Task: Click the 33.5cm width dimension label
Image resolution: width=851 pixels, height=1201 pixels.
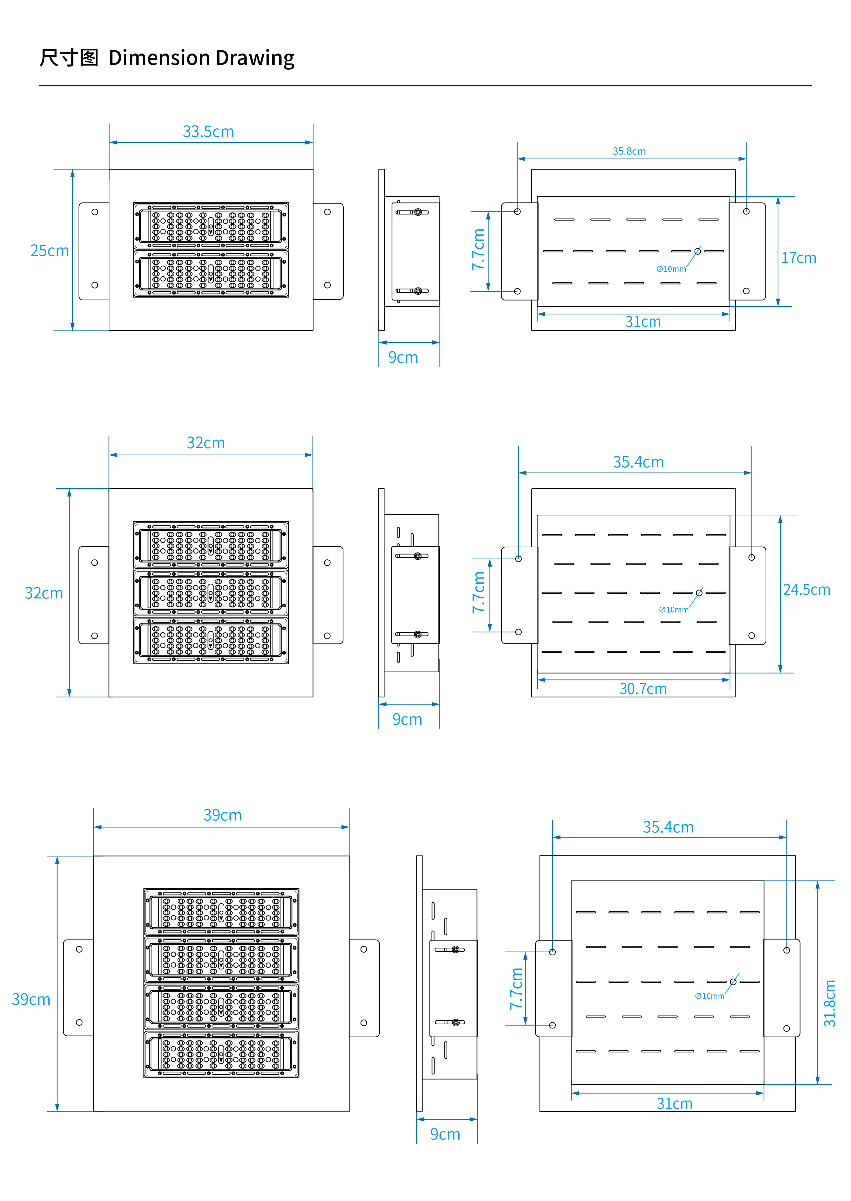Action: tap(208, 131)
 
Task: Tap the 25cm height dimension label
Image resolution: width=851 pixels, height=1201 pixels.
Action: tap(49, 250)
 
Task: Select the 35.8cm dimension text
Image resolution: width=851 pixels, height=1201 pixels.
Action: tap(629, 151)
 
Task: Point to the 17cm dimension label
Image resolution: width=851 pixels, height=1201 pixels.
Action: tap(799, 258)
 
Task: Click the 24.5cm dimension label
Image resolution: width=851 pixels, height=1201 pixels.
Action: tap(806, 590)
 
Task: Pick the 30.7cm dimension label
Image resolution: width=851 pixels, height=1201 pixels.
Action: tap(643, 688)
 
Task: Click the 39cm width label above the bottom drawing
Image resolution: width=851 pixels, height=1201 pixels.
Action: tap(223, 815)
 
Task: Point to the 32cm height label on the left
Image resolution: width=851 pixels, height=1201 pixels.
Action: tap(44, 593)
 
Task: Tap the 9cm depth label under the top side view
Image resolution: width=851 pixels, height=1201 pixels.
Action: tap(403, 358)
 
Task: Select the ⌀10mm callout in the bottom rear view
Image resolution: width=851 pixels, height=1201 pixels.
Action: tap(710, 996)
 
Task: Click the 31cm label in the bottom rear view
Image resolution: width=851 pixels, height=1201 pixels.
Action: tap(674, 1104)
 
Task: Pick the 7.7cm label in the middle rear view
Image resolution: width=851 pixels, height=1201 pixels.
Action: tap(478, 592)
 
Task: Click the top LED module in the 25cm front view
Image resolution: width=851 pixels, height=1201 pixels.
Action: tap(211, 226)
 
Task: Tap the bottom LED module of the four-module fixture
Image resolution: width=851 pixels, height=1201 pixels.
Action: tap(221, 1054)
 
